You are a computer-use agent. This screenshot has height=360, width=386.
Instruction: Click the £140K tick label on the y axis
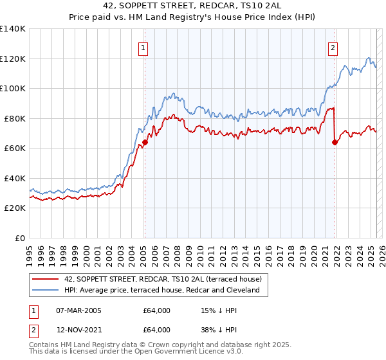[13, 29]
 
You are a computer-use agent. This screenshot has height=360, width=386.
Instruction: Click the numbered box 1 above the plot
[143, 47]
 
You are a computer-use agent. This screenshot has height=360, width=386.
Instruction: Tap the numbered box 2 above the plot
[333, 47]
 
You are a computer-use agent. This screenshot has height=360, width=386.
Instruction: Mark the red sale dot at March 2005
[145, 143]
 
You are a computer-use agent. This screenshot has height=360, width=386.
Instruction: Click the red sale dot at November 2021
[335, 143]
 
